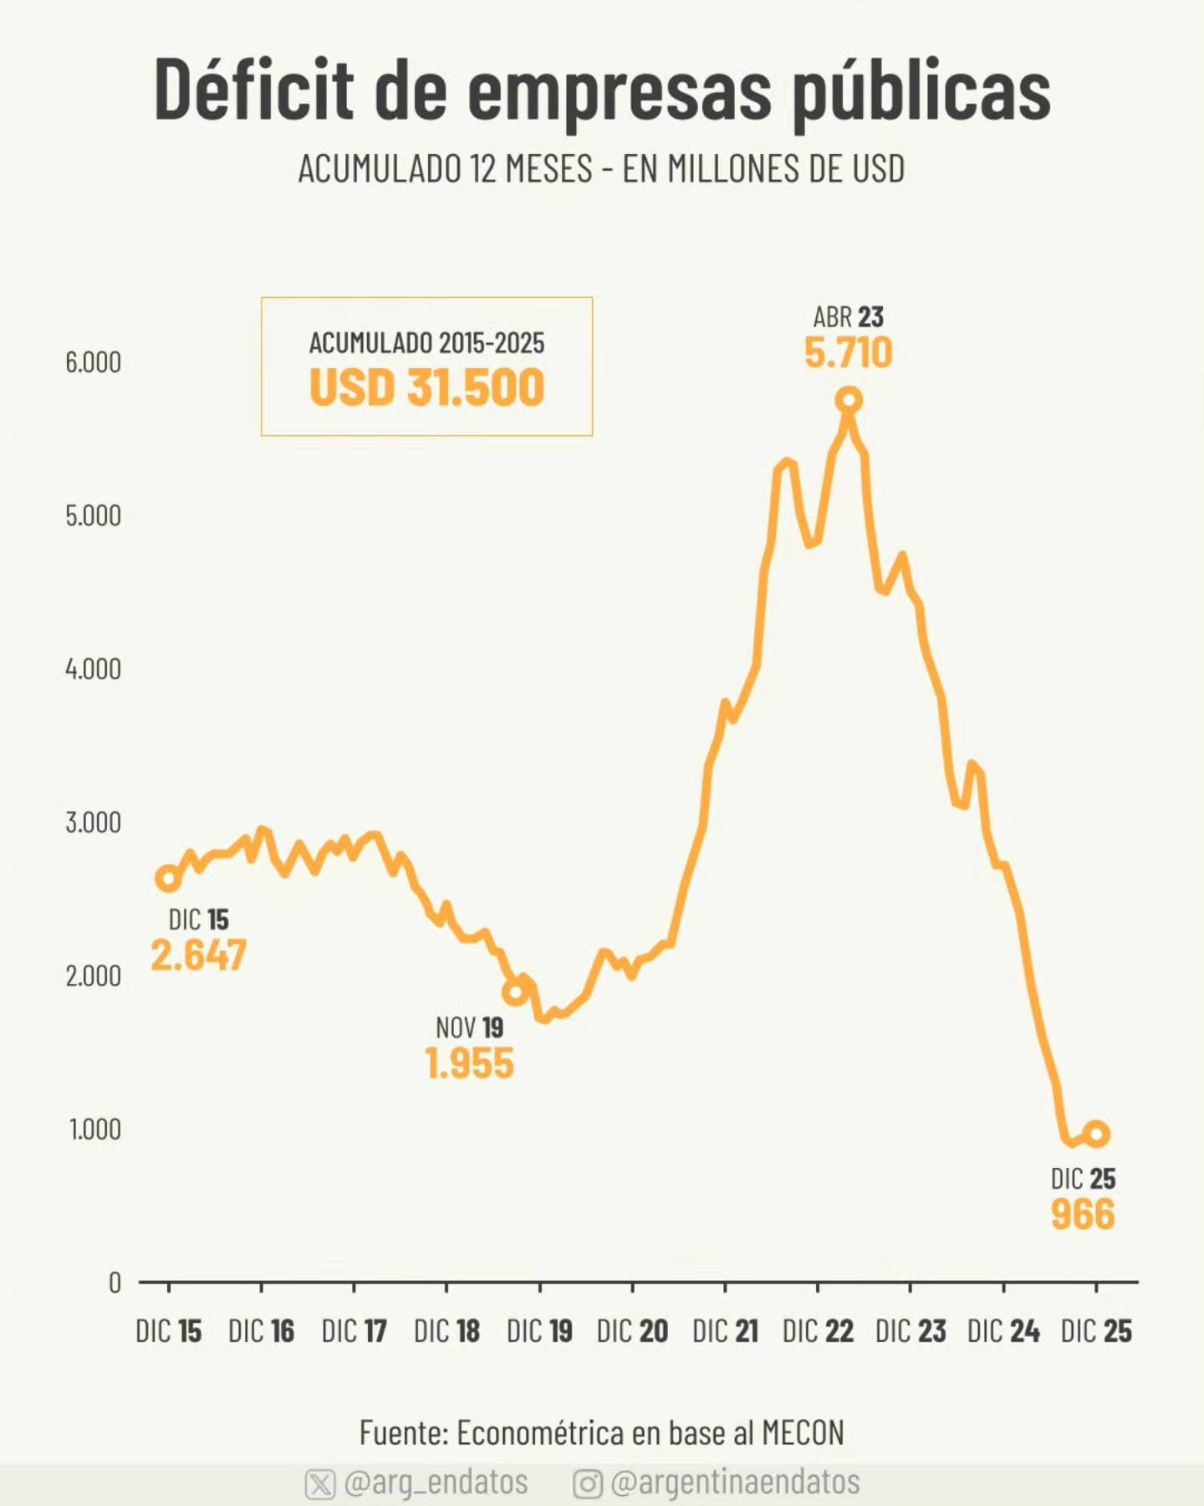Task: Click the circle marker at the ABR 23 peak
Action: pos(849,401)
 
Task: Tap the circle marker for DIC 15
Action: pos(168,878)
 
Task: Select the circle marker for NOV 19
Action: pos(515,993)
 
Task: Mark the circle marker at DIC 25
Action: pos(1096,1135)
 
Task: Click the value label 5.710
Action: pos(849,353)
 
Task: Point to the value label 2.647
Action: pos(198,955)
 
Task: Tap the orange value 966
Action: pos(1083,1215)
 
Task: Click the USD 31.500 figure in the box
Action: pos(426,388)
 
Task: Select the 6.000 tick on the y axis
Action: pos(94,363)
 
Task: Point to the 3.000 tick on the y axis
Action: pos(94,823)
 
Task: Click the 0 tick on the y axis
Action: pos(115,1283)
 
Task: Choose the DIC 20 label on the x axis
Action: pos(632,1331)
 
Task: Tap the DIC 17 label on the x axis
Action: pos(354,1331)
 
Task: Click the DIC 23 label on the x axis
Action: pos(910,1331)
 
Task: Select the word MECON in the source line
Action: pos(803,1432)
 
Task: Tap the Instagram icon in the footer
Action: pos(588,1483)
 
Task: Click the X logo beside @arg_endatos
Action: pos(320,1483)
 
